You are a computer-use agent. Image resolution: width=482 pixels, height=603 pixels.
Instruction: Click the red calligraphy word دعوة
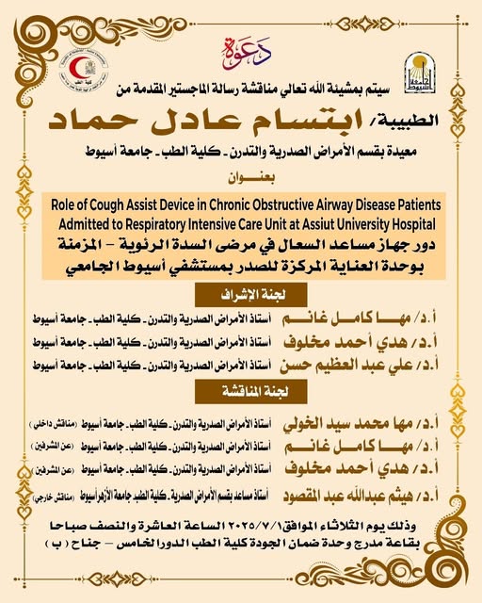pyautogui.click(x=241, y=46)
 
